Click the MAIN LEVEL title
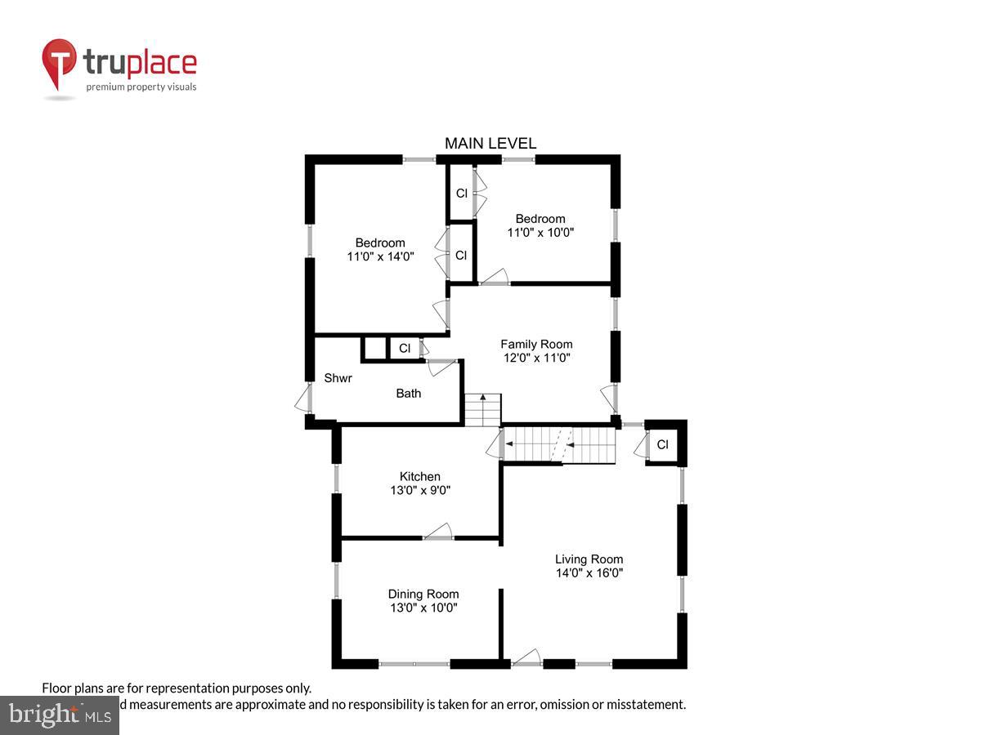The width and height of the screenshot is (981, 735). coord(490,144)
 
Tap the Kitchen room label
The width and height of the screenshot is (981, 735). coord(419,477)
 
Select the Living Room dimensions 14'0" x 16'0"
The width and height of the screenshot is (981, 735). coord(589,573)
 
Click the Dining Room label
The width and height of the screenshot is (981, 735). coord(423,594)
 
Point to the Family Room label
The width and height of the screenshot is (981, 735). coord(536,344)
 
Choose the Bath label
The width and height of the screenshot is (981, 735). coord(409,394)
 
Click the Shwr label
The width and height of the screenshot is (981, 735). coord(338,378)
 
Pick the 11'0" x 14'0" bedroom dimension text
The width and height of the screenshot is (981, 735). coord(380,256)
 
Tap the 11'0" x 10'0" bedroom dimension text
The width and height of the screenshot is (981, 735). coord(540,232)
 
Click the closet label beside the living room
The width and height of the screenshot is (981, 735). coord(662,445)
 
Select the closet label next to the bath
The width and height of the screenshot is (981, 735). coord(405,349)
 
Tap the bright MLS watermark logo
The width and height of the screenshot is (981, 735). coord(59,715)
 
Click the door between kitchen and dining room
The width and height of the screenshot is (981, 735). coord(438,532)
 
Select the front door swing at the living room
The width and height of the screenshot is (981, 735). coord(527,657)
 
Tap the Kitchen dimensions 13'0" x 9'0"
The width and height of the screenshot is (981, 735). coord(419,491)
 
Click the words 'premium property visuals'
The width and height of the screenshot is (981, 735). coord(141,87)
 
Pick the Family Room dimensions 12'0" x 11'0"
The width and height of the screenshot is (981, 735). coord(536,358)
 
